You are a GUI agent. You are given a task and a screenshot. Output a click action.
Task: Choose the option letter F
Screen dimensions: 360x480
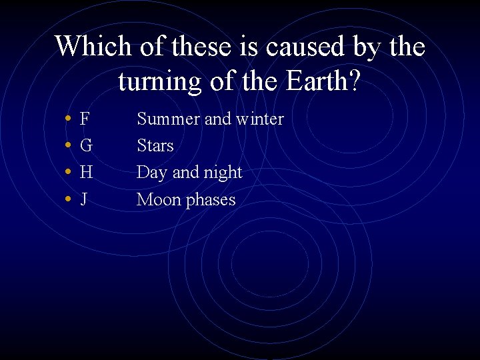85,119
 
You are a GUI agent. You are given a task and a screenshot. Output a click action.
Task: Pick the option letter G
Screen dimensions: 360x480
86,146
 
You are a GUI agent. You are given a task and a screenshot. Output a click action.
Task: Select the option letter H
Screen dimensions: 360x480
86,173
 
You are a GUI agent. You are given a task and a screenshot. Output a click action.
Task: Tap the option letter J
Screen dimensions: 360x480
84,199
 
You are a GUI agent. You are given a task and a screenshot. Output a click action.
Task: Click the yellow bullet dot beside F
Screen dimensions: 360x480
69,119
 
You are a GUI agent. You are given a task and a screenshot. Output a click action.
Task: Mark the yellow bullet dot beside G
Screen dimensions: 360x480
69,146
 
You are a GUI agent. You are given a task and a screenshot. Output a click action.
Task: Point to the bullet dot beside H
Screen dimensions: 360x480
69,173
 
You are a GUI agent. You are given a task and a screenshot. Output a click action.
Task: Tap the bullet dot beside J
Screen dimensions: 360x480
69,199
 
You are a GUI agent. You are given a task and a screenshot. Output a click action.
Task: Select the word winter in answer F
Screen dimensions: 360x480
259,119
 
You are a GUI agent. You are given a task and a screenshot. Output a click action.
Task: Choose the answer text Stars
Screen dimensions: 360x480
155,146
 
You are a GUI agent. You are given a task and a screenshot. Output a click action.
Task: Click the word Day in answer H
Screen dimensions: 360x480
152,173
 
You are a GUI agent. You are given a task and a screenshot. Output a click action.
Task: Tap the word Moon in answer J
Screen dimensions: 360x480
157,199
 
